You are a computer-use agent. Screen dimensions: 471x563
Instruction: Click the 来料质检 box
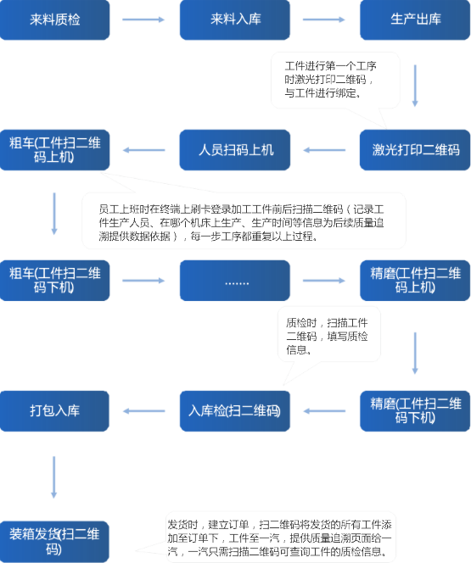pos(54,20)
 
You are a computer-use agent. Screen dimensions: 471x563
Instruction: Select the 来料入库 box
pos(235,20)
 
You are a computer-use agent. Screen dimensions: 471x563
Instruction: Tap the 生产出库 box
pos(415,20)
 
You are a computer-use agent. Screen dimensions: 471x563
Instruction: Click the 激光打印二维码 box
pos(415,150)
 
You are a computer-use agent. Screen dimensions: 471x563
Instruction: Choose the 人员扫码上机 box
pos(235,150)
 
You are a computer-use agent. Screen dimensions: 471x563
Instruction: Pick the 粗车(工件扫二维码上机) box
pos(54,150)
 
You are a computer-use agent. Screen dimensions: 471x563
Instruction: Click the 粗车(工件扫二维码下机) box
pos(54,281)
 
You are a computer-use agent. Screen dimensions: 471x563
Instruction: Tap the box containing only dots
pos(235,281)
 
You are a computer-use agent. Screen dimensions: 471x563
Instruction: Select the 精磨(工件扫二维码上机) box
pos(415,281)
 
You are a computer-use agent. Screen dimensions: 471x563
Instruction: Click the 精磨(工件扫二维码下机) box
pos(415,411)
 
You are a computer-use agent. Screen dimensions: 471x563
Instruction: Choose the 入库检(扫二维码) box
pos(235,411)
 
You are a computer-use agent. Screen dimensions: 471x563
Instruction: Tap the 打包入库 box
pos(54,411)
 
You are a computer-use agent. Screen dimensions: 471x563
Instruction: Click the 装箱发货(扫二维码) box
pos(54,542)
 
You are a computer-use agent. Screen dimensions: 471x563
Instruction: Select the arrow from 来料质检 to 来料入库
pos(143,20)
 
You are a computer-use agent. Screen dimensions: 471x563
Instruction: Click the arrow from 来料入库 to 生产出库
pos(323,20)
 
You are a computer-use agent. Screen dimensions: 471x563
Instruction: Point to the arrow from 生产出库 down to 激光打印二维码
pos(415,86)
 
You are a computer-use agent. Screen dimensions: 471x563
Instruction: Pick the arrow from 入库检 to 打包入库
pos(143,411)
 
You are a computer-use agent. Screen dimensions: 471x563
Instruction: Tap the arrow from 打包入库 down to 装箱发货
pos(54,477)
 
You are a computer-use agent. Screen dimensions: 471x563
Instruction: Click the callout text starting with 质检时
pos(327,336)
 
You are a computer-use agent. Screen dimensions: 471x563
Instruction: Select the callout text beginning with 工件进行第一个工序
pos(330,80)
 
